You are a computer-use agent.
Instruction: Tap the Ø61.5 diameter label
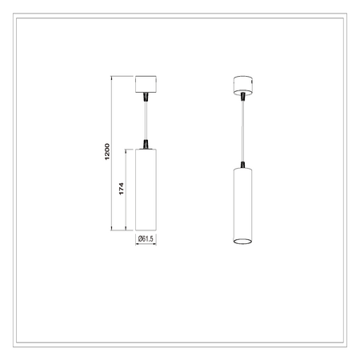pos(146,239)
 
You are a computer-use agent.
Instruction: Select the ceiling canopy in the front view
pos(146,83)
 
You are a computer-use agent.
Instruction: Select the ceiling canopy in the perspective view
pos(243,84)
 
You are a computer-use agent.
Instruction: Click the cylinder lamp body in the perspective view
pos(244,204)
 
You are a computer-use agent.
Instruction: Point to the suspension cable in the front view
pos(146,120)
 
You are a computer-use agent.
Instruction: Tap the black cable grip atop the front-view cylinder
pos(146,144)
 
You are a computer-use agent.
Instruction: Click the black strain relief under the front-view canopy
pos(146,98)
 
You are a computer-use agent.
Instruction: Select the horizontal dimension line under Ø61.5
pos(146,245)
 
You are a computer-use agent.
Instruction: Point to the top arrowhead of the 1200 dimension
pos(112,78)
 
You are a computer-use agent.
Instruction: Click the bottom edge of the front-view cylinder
pos(146,231)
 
